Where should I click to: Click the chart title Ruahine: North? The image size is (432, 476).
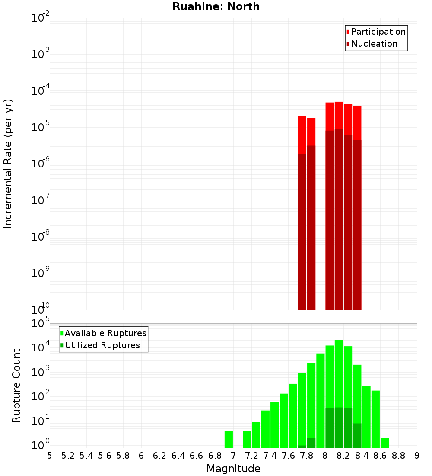coord(216,6)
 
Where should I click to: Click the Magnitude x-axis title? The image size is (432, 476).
coord(233,469)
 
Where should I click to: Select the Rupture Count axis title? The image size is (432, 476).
coord(16,386)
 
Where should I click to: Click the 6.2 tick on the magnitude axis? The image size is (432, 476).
coord(160,455)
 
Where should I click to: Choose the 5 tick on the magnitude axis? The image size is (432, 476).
coord(50,455)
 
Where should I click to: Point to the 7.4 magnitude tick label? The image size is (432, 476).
coord(270,455)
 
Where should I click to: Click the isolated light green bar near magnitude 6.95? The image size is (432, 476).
coord(229,439)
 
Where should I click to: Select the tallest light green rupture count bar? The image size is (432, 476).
coord(339,394)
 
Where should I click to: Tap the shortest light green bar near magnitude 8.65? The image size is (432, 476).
coord(384,443)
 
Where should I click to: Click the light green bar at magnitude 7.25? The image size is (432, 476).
coord(256,435)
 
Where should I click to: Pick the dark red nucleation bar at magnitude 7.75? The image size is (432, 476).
coord(302,232)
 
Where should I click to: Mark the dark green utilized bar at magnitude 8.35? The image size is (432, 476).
coord(357,435)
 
